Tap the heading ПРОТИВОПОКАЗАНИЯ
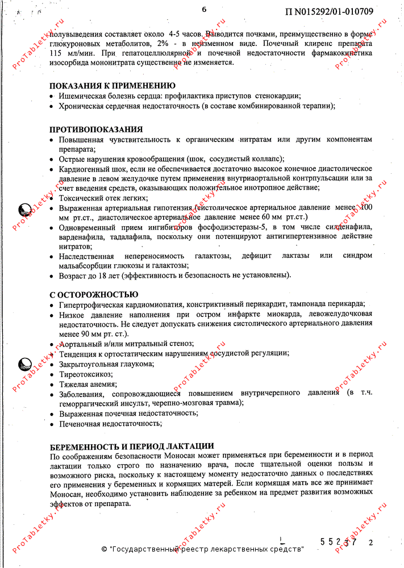[96, 130]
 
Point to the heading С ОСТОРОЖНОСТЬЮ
[94, 294]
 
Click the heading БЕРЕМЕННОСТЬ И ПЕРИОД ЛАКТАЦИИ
[132, 446]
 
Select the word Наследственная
[90, 256]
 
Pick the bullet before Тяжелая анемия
[52, 385]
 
